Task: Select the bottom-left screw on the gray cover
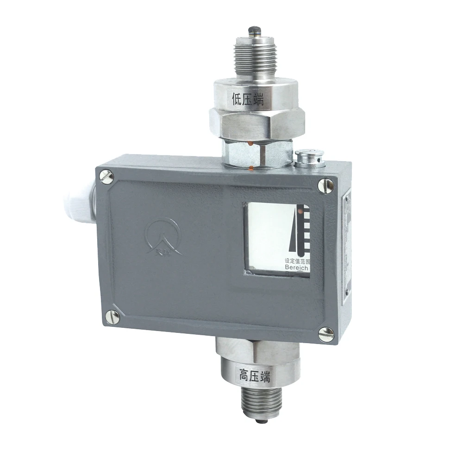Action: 112,317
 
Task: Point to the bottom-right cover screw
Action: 326,333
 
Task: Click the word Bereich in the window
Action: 297,268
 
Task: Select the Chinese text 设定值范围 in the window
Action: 297,261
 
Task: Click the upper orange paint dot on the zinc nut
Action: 250,145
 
